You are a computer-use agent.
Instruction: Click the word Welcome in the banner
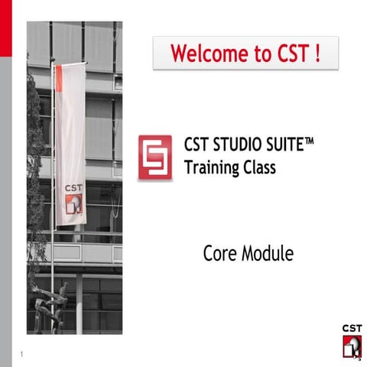[203, 54]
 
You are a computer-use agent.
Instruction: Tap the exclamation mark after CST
[314, 54]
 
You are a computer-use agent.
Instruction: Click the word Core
[220, 254]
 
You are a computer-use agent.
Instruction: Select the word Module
[267, 254]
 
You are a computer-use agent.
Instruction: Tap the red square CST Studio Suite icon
[154, 158]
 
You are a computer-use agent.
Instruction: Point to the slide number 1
[23, 354]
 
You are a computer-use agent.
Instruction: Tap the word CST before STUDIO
[196, 144]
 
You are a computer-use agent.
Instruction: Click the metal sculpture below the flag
[56, 306]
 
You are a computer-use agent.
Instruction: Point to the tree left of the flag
[35, 176]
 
